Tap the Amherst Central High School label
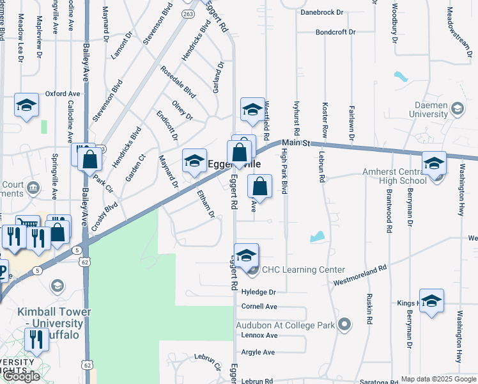(x=394, y=176)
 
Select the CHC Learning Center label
(x=303, y=270)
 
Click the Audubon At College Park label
(x=285, y=325)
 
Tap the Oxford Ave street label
(x=63, y=93)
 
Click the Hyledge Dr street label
(x=259, y=292)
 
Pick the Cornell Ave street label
(x=259, y=307)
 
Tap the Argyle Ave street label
(x=258, y=352)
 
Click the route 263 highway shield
(x=189, y=14)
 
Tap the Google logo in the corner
(x=21, y=376)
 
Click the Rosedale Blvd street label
(x=178, y=82)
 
